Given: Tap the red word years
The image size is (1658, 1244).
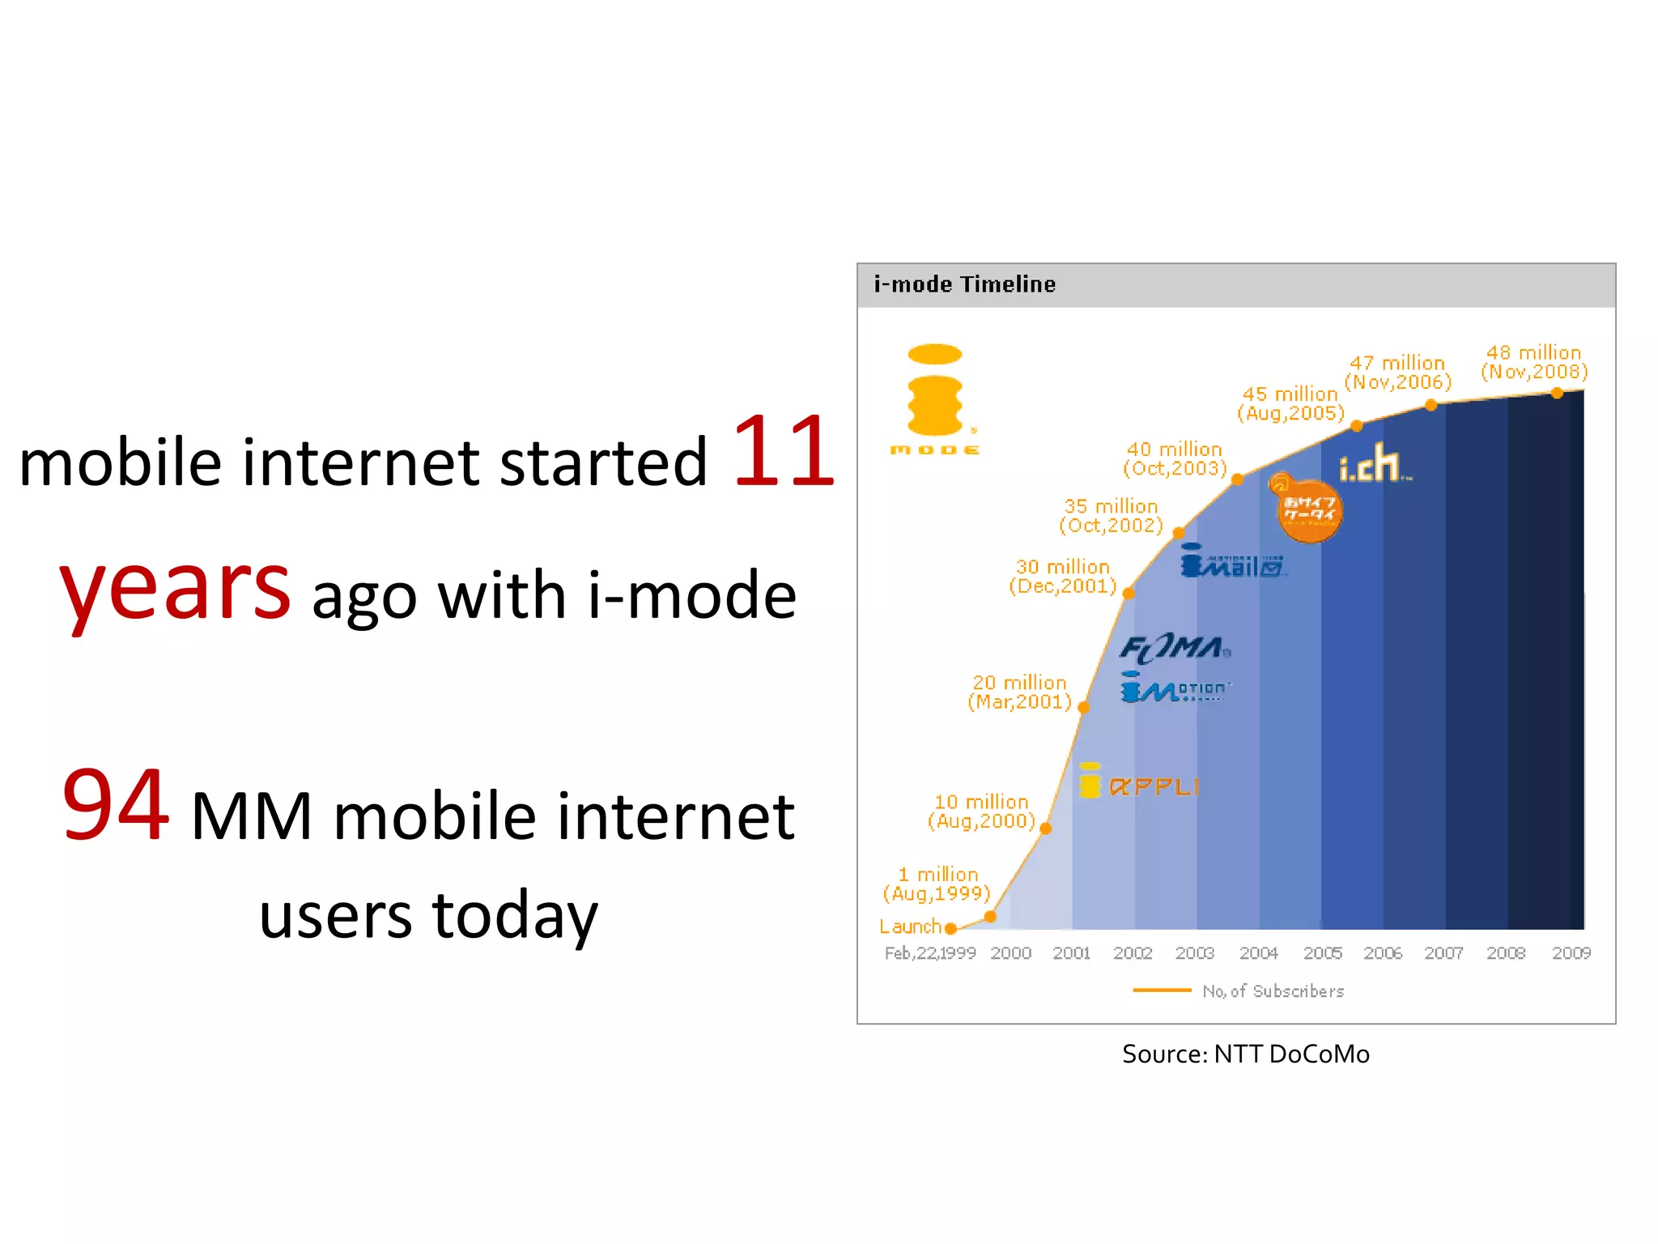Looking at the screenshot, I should click(x=175, y=587).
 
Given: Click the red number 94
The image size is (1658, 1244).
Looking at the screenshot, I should click(x=117, y=806).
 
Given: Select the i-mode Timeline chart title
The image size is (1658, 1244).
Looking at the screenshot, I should click(x=964, y=284).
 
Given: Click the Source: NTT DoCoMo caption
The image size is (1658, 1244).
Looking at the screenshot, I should click(x=1245, y=1054).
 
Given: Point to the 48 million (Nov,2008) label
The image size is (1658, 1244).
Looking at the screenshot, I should click(x=1533, y=362).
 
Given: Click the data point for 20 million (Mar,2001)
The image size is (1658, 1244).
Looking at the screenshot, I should click(x=1083, y=708).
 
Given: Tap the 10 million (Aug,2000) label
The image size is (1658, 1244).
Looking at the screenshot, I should click(x=981, y=812).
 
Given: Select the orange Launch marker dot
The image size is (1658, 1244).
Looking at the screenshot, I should click(x=950, y=928).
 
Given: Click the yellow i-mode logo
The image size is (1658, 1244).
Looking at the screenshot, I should click(x=935, y=399).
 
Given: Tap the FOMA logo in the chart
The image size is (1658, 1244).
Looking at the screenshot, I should click(x=1175, y=648).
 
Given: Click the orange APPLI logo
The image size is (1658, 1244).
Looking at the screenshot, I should click(x=1139, y=782).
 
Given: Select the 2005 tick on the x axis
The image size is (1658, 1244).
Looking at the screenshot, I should click(x=1322, y=953).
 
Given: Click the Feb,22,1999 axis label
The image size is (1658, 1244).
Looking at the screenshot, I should click(x=929, y=953).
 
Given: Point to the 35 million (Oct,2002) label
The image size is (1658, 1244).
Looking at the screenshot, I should click(x=1111, y=516).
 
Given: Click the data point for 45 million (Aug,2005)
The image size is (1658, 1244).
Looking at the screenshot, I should click(x=1357, y=426).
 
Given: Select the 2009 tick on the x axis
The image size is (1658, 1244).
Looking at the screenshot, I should click(x=1571, y=953).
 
